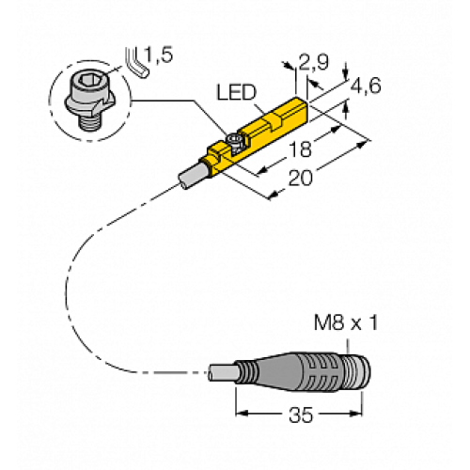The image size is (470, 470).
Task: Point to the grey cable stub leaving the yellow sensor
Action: pyautogui.click(x=190, y=176)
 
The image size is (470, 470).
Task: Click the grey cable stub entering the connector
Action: pyautogui.click(x=222, y=371)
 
